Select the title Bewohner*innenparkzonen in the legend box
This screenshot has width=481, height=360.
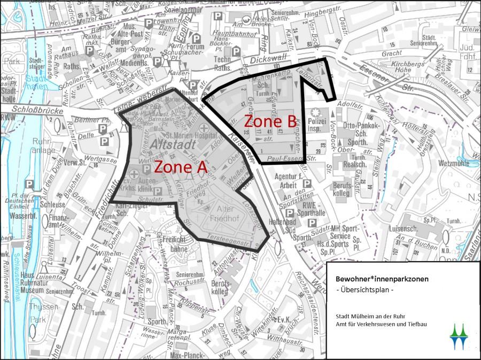tap(382, 279)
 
